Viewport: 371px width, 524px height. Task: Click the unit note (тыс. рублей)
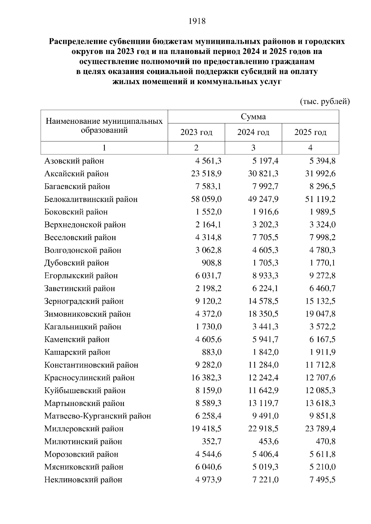click(x=325, y=101)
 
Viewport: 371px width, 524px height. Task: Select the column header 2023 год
click(x=196, y=132)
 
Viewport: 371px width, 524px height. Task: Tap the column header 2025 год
click(x=310, y=132)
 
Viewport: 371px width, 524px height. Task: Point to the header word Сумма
click(x=253, y=117)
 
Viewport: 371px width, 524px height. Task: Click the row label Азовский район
click(x=74, y=161)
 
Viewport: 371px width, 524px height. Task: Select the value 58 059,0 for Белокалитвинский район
click(x=206, y=199)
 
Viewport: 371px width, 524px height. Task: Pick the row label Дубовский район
click(x=77, y=263)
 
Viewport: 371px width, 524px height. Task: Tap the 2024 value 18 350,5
click(x=263, y=314)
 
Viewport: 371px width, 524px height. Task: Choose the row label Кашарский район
click(x=77, y=352)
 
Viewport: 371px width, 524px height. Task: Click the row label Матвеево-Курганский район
click(x=98, y=416)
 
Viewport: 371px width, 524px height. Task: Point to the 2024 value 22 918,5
click(x=263, y=429)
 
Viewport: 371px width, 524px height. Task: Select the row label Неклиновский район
click(x=83, y=480)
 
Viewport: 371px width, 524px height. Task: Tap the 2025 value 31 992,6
click(x=320, y=174)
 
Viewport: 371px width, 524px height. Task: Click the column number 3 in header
click(x=253, y=148)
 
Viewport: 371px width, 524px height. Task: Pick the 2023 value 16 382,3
click(x=206, y=378)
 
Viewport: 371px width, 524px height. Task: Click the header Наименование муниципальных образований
click(x=104, y=126)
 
